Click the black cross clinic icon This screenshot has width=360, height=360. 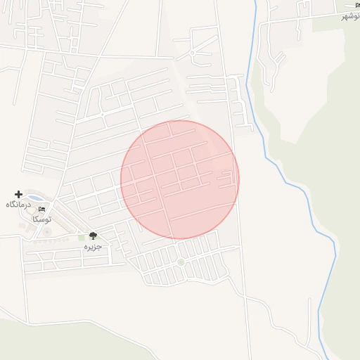coord(18,193)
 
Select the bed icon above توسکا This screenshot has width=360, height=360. coord(41,209)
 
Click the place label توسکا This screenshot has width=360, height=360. coord(41,219)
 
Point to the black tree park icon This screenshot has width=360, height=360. coord(93,236)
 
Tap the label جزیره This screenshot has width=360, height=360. coord(93,247)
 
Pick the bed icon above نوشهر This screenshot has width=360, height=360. coord(349,6)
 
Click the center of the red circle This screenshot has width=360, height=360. coord(180,180)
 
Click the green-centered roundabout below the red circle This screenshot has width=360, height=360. coord(181,262)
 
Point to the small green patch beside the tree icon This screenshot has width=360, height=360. coord(82,238)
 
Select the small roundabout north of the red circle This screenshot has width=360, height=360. coord(192,53)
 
